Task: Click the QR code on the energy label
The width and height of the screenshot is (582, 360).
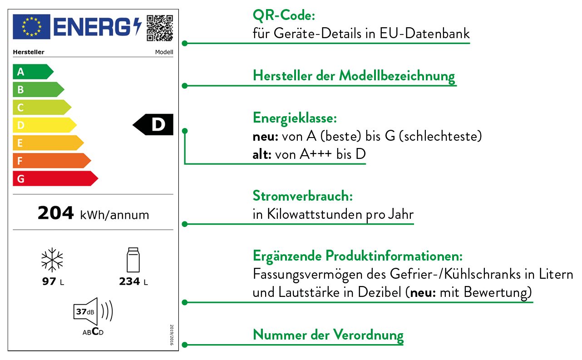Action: tap(160, 27)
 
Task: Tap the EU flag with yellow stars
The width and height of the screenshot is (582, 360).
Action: tap(31, 26)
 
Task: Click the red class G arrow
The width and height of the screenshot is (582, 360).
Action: tap(54, 178)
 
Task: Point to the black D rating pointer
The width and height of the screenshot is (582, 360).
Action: tap(154, 124)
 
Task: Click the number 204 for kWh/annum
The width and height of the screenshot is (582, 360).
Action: tap(55, 213)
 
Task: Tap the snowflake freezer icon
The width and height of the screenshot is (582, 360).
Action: tap(52, 260)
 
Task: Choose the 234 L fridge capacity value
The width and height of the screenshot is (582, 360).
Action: tap(133, 282)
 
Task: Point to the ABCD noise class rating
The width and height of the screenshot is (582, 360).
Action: tap(93, 332)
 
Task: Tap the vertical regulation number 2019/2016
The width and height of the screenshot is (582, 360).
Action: tap(172, 335)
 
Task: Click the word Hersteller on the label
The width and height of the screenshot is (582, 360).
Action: tap(29, 52)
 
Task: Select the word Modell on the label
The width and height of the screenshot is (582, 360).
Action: tap(164, 52)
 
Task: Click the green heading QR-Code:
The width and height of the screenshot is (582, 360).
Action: tap(284, 16)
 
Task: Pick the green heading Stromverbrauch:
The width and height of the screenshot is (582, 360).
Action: tap(303, 196)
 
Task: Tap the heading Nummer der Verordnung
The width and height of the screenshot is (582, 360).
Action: tap(328, 335)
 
